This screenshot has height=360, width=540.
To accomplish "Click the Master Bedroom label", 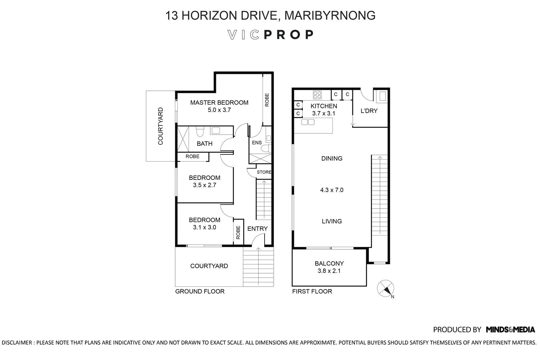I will click(219, 103).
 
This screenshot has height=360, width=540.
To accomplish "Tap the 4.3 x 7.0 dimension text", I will click(331, 190).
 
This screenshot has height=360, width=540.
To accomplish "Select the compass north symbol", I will click(385, 289).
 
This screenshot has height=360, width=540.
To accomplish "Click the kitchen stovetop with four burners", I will click(317, 95).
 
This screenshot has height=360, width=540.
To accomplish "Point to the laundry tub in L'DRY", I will click(382, 96).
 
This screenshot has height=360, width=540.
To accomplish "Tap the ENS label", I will click(256, 142).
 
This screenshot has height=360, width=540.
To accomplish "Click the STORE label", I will click(264, 172).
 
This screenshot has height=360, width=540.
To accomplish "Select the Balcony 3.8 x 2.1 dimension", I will click(329, 271).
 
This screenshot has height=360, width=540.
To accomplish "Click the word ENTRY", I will click(257, 228).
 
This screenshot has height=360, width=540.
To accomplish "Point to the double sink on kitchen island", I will click(308, 122).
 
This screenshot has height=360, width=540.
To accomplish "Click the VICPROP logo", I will click(270, 35).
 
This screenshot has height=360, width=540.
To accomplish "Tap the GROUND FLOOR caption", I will click(199, 291).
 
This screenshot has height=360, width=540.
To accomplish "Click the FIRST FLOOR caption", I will click(312, 291).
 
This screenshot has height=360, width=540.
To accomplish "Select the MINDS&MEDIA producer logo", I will click(510, 329).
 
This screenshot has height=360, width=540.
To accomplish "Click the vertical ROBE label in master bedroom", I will click(267, 100).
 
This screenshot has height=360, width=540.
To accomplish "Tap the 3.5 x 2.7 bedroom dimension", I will click(204, 185).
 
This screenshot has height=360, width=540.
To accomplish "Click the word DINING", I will click(331, 158).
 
